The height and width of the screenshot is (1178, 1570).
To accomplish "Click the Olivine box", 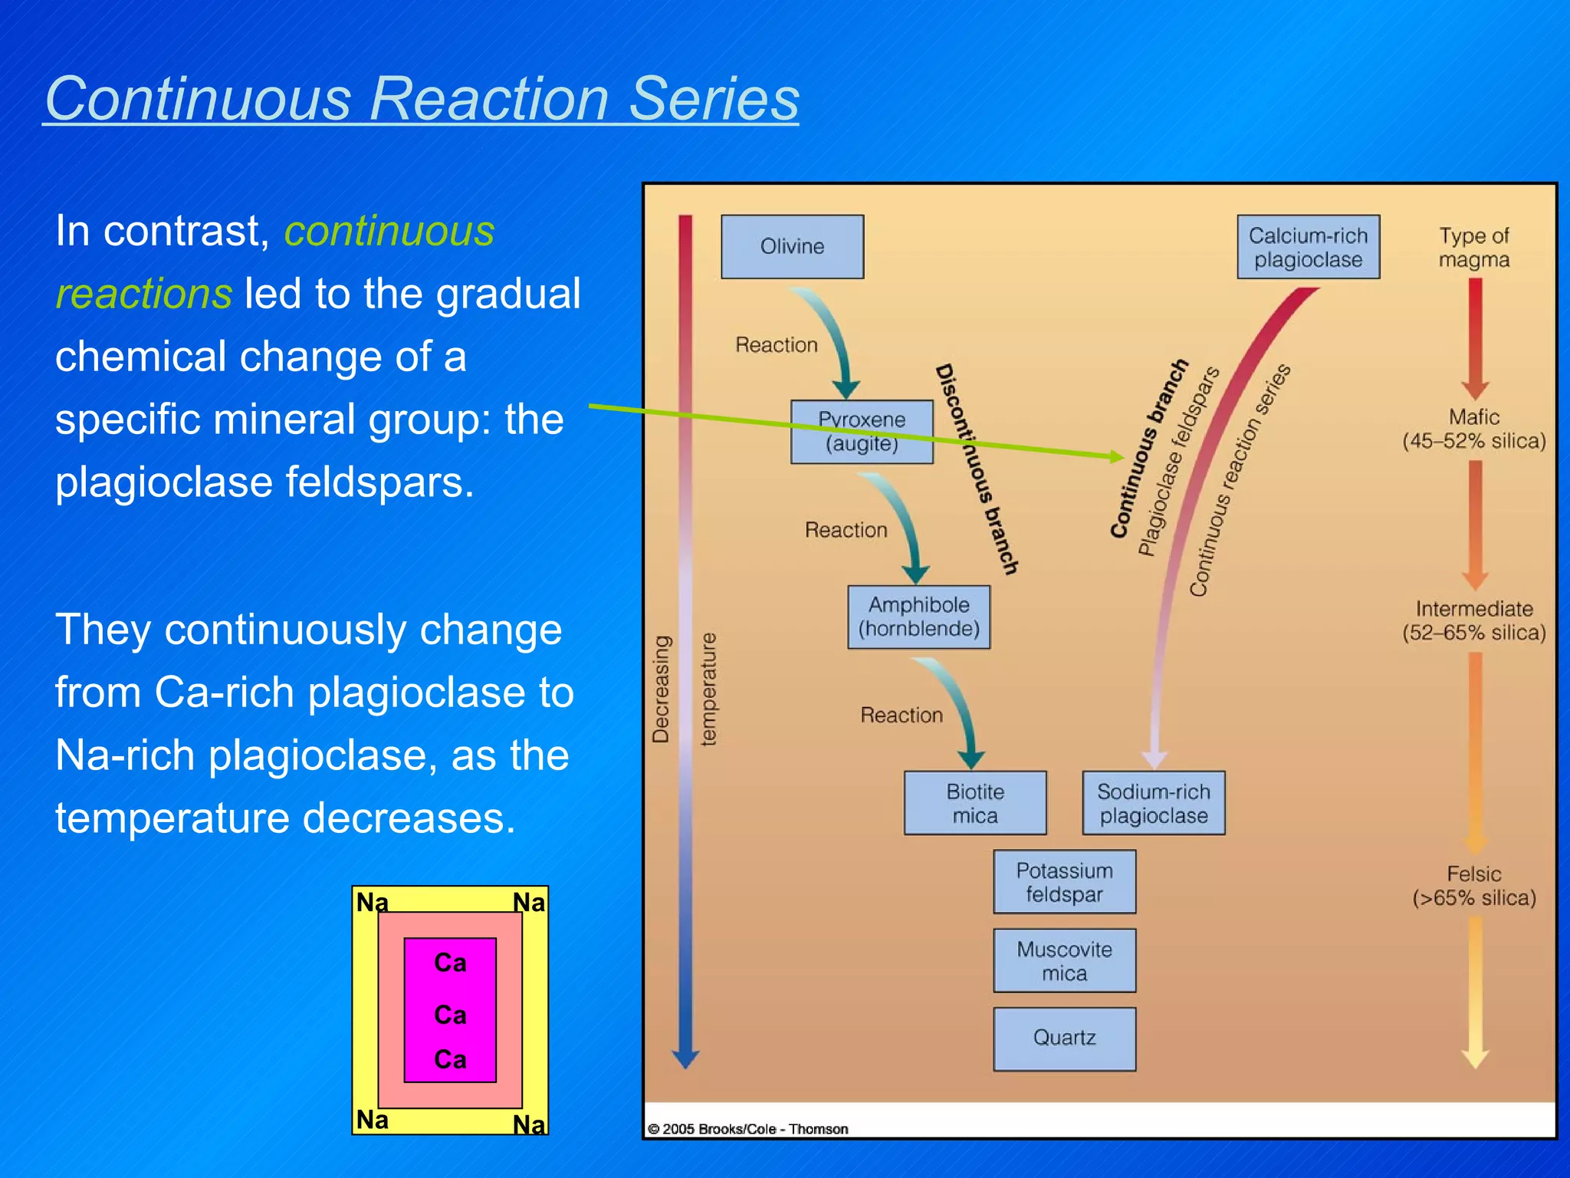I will coord(792,246).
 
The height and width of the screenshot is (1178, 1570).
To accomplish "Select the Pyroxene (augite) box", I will coord(862,431).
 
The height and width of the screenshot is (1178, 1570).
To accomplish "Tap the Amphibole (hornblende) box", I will coord(918,617).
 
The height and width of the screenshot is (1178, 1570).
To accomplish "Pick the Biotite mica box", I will coord(974,802).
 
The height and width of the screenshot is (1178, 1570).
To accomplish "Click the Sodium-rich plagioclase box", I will coord(1153,802).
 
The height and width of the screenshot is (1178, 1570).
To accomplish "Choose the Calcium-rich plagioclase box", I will coord(1308,246).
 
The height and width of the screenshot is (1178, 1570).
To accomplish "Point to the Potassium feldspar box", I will coord(1064,881).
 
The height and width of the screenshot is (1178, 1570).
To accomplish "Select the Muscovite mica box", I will coord(1064,960).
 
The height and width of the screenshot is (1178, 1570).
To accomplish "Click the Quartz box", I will coord(1064,1038).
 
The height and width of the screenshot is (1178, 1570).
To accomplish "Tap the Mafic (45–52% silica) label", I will coord(1473,429).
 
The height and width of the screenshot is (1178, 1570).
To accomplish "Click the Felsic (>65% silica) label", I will coord(1473,885).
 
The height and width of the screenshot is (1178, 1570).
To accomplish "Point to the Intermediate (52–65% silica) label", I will coord(1473,620).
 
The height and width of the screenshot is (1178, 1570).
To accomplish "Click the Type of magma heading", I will coord(1473,247).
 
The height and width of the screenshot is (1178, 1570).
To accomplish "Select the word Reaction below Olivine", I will coord(776,344).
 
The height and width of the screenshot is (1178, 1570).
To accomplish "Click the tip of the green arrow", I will coord(1122,457).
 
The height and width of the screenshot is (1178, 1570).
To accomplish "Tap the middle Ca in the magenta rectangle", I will coord(450,1015).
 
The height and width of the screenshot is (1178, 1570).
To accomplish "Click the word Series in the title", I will coord(714,99).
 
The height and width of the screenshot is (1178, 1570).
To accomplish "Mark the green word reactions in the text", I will coord(143,294).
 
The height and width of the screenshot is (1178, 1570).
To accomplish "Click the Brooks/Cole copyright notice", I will coord(747,1129).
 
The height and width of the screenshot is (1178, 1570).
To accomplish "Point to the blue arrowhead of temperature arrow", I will coord(685,1060).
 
